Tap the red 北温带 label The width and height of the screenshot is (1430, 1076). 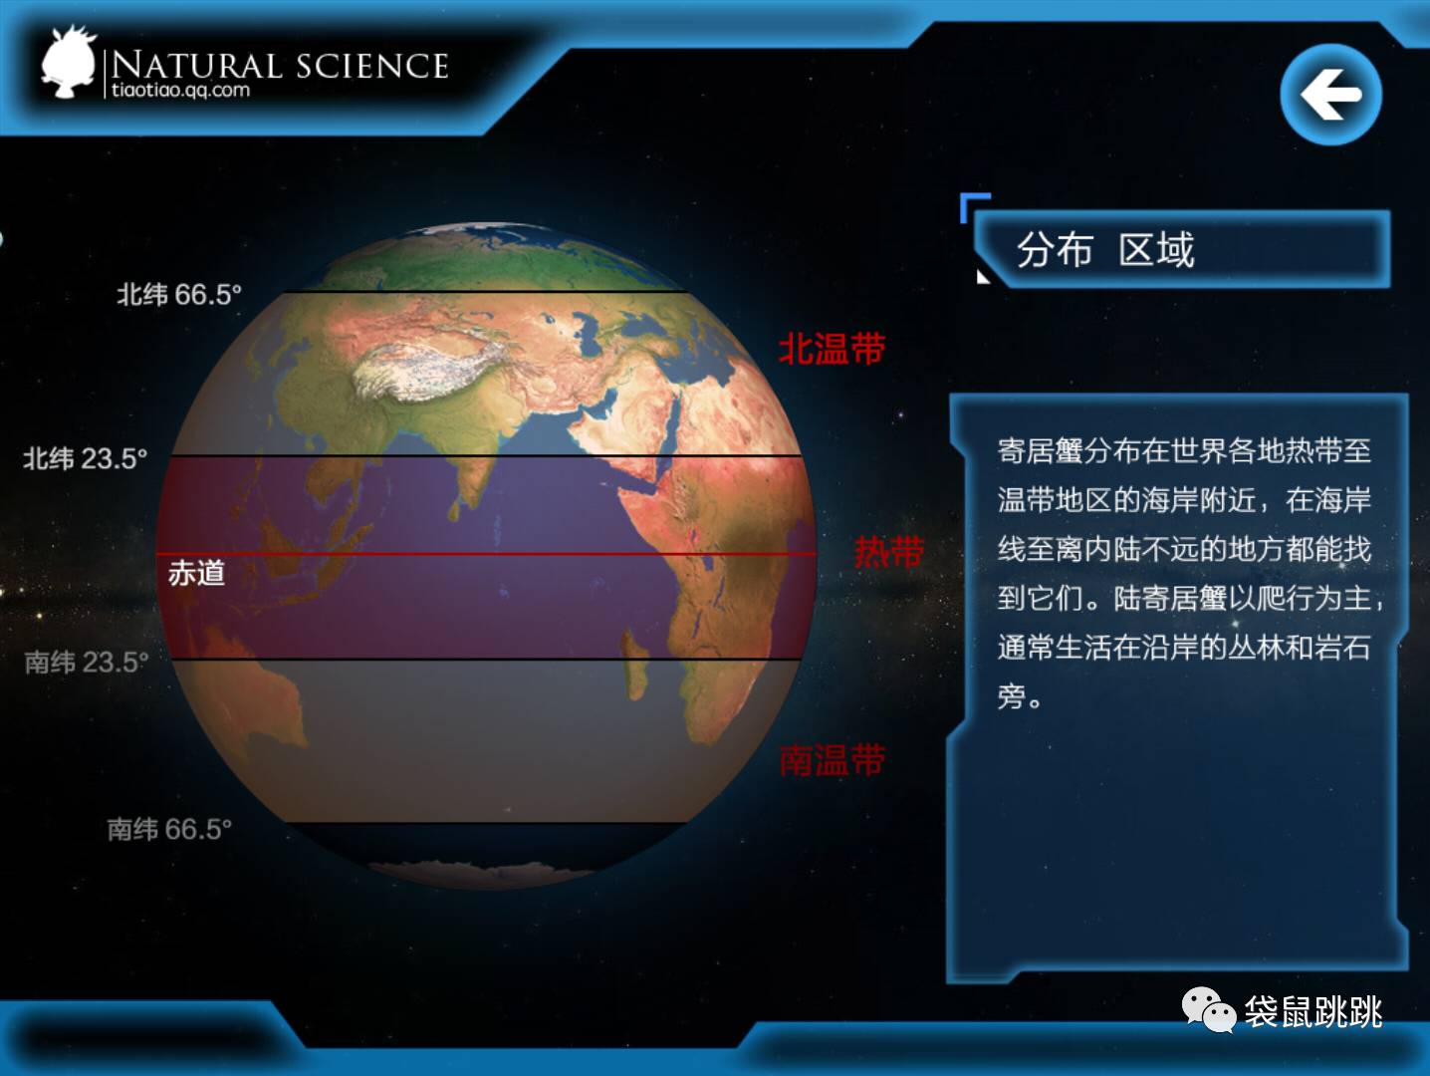pos(832,348)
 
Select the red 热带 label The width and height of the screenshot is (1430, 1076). pos(888,552)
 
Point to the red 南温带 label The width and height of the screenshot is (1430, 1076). pos(832,760)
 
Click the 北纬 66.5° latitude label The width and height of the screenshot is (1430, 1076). pos(179,295)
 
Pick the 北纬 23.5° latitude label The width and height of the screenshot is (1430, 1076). pos(86,459)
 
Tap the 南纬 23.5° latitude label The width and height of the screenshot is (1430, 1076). pos(87,663)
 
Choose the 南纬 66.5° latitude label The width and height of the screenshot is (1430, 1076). pos(169,830)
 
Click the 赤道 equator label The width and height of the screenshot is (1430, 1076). pos(196,574)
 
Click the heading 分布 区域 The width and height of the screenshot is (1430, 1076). pos(1105,250)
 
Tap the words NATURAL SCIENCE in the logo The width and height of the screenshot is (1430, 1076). pos(280,65)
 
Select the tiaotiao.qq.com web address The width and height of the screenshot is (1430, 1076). pos(180,90)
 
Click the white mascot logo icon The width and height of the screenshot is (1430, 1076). pos(69,62)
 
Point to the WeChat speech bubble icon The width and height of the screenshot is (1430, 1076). pos(1209,1010)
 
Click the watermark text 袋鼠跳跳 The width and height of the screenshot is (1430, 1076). pos(1313,1012)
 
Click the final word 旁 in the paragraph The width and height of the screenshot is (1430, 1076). pos(1011,696)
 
